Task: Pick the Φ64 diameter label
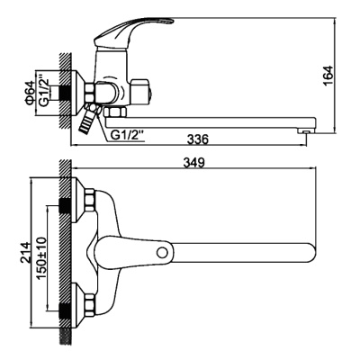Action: click(30, 93)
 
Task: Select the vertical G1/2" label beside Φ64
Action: click(42, 93)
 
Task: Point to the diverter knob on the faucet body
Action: click(138, 92)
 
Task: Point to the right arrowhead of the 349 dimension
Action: click(318, 171)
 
